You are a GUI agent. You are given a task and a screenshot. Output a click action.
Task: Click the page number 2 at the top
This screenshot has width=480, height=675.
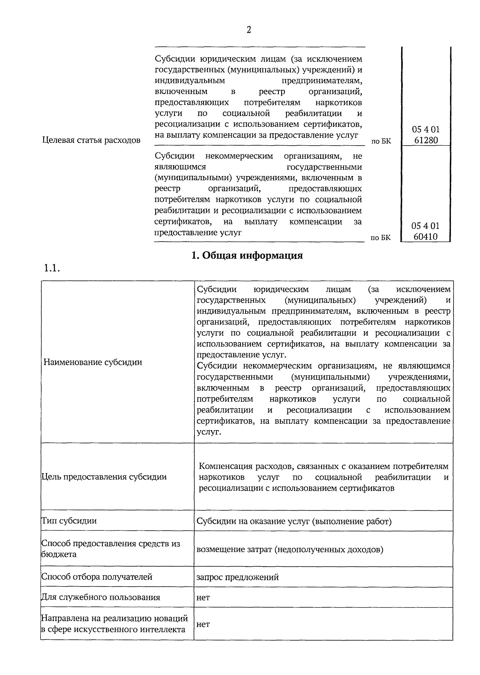249,30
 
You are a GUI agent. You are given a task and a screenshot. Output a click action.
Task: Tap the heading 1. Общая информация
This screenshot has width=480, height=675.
247,256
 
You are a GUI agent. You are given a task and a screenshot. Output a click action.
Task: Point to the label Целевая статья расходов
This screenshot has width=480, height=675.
91,140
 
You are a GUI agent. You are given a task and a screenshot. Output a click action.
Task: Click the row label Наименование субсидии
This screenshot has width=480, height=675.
93,363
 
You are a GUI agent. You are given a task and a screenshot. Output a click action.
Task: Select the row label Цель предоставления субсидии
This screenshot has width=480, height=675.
104,477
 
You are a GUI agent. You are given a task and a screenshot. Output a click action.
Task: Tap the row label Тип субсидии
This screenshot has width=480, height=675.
69,521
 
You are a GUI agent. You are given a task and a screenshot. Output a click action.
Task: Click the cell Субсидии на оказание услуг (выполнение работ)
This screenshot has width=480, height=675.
294,521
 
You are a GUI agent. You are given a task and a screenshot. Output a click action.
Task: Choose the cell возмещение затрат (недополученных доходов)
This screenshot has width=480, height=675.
290,549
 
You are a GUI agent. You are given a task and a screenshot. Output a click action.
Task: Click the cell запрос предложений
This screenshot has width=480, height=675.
238,577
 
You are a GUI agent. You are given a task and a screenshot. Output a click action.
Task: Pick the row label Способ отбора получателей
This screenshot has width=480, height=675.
97,577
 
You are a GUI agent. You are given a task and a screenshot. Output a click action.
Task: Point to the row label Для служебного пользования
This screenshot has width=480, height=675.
100,597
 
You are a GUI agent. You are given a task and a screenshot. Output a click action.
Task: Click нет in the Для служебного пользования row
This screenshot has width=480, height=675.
203,598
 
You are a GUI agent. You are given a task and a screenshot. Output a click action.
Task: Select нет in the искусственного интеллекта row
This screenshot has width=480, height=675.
203,625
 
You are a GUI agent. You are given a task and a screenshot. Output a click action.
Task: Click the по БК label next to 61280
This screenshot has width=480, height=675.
381,141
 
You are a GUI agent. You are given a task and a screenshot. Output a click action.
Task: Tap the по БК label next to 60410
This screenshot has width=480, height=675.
380,238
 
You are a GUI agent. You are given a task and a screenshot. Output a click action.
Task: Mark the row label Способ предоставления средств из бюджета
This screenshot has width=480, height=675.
110,549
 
